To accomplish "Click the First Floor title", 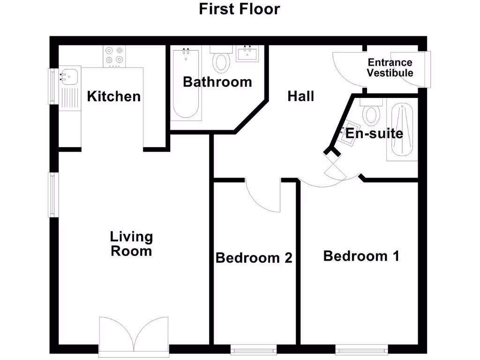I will point(240,9).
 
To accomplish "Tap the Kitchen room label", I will point(114,97).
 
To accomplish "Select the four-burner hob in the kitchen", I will point(115,55).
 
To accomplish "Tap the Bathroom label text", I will point(217,82).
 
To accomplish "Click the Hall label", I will point(300,97).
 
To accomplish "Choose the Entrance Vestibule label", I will point(390,68).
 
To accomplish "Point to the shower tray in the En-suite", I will point(402,132).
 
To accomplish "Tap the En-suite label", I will point(374,134).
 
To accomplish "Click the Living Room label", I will point(131,244).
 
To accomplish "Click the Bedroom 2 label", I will point(254,258).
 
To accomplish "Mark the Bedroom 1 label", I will point(361,256).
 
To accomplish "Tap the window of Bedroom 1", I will point(361,349).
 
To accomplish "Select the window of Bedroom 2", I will point(254,349).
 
